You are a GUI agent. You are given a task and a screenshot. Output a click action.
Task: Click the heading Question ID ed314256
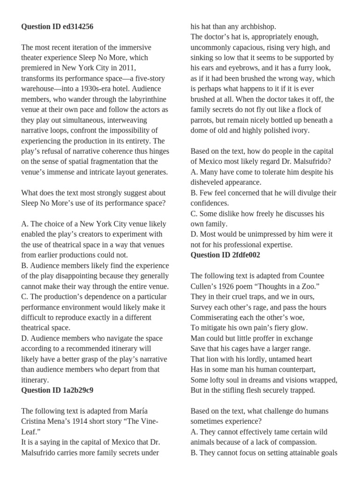coord(57,27)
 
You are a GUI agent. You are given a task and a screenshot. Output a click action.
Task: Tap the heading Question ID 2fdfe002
coord(225,255)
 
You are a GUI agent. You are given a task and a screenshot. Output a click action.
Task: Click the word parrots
coord(203,120)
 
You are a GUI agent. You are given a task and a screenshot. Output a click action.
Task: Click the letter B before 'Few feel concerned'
coord(193,193)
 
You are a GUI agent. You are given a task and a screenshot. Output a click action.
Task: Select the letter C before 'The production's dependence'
coord(24,297)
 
